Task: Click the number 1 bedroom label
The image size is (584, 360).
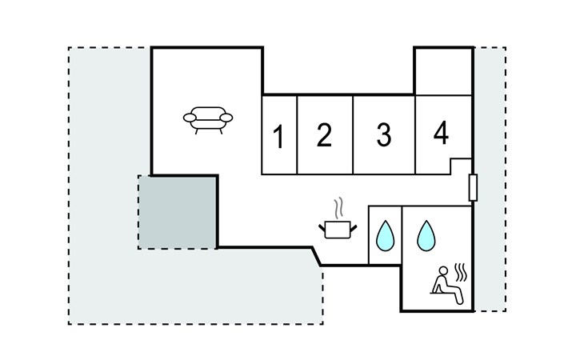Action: pos(278,138)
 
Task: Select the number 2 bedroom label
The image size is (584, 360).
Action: pos(323,135)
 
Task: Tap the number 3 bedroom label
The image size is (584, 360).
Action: pos(384,135)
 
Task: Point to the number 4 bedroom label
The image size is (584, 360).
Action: pos(441,133)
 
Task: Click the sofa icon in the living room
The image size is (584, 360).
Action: pos(208,119)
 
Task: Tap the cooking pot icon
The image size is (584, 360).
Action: pos(338,230)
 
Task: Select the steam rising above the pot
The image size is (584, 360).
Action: pos(341,208)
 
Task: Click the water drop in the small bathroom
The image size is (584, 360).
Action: pos(386,236)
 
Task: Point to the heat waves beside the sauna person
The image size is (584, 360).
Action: pos(462,272)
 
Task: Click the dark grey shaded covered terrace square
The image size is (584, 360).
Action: pos(178,212)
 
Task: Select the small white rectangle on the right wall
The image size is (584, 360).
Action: pos(473,187)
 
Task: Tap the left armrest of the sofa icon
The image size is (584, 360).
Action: pos(190,118)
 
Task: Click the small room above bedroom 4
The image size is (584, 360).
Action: pos(443,71)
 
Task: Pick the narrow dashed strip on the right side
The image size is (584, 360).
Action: pos(490,178)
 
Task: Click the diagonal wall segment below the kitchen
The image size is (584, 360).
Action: pos(316,256)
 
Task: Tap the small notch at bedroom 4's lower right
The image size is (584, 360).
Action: pos(461,166)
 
